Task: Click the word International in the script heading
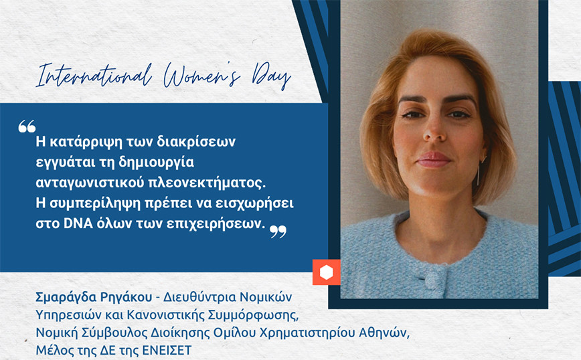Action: (x=94, y=75)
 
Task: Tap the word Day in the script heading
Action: (x=271, y=76)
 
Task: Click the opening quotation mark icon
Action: (x=27, y=126)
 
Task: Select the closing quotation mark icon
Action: (x=278, y=232)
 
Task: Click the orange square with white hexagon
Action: (x=326, y=272)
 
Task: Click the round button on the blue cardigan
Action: (x=433, y=278)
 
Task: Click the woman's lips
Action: (x=433, y=159)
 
